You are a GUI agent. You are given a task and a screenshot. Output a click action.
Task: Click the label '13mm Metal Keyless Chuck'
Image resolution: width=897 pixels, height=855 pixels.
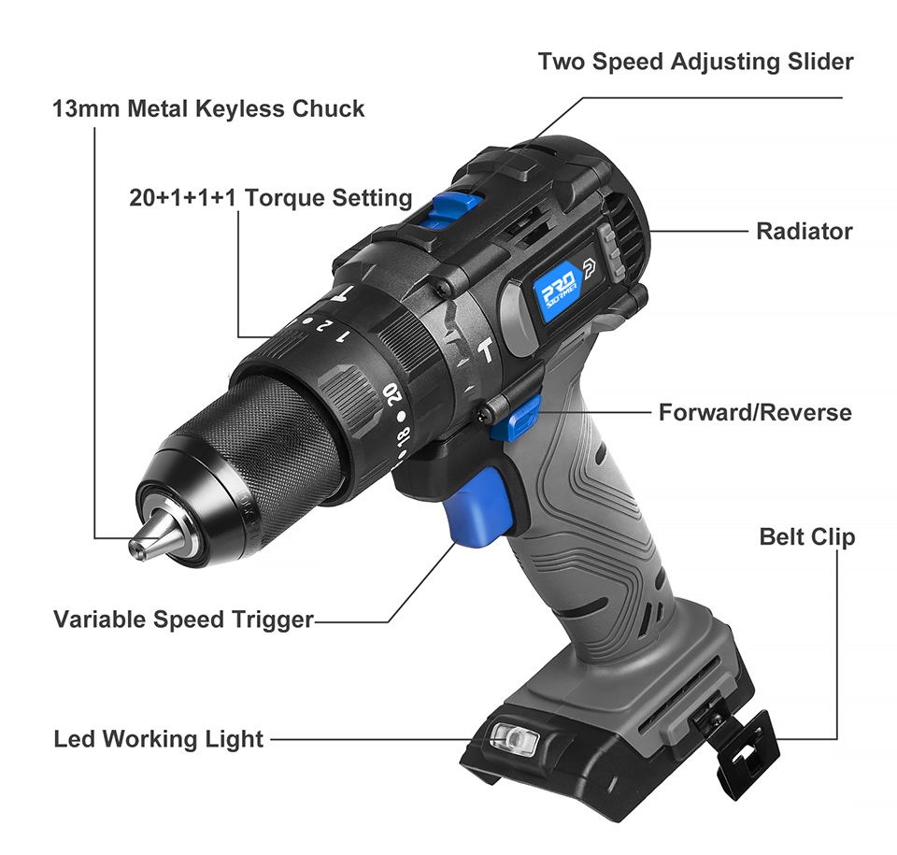click(x=208, y=109)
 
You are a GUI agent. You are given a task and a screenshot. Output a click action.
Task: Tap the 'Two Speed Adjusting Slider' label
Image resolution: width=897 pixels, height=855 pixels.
click(x=695, y=62)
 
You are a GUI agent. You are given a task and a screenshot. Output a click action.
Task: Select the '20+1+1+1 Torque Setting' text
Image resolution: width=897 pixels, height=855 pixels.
click(x=270, y=198)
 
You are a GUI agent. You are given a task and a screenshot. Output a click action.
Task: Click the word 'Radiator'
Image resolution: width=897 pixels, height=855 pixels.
click(x=804, y=231)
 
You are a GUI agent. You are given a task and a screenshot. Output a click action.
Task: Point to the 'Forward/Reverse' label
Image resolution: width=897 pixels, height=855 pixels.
click(x=755, y=412)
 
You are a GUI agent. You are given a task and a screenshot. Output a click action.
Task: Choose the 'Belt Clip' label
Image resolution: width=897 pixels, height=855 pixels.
click(x=806, y=537)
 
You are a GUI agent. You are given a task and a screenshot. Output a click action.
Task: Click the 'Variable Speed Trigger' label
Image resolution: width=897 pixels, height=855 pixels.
click(x=183, y=620)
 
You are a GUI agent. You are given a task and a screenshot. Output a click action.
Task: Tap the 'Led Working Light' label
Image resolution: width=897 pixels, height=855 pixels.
click(x=159, y=740)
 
